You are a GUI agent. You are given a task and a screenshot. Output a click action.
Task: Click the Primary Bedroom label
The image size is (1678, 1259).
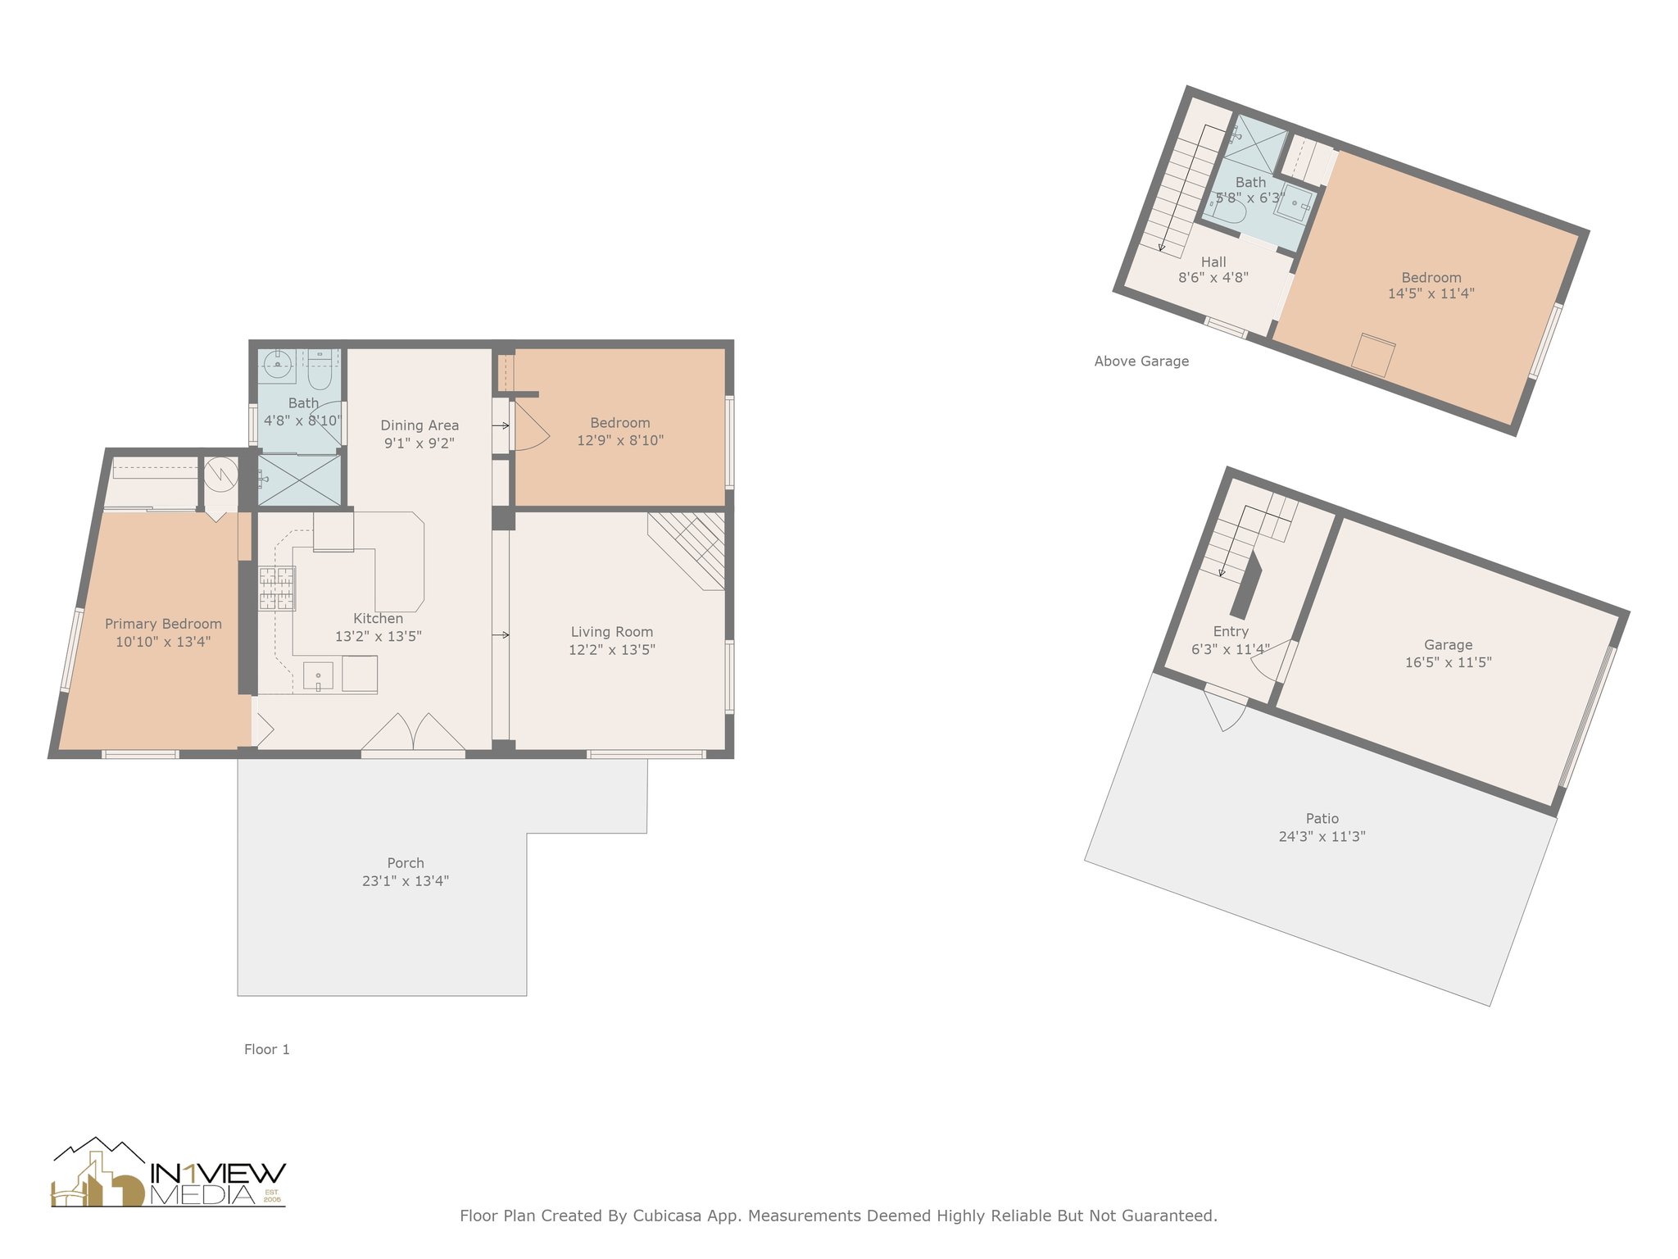(x=163, y=624)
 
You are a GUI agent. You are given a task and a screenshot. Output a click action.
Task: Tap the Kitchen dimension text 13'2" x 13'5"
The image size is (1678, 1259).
(x=378, y=636)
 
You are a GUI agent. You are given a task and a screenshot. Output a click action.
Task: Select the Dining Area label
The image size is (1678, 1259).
(x=419, y=425)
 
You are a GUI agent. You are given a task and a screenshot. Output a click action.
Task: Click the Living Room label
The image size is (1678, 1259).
(x=611, y=632)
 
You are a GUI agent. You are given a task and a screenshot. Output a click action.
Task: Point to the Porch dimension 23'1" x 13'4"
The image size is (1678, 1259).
(x=406, y=881)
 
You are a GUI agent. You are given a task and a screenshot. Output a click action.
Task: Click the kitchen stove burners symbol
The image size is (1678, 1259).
(x=277, y=589)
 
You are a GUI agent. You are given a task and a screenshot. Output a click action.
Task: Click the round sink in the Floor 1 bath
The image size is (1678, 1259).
(x=278, y=365)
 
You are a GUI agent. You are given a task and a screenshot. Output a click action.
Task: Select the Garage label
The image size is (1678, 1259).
(x=1448, y=645)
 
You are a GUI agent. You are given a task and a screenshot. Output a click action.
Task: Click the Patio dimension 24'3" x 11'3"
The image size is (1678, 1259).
(x=1322, y=836)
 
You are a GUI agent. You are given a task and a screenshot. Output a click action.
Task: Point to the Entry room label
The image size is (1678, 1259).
(x=1231, y=631)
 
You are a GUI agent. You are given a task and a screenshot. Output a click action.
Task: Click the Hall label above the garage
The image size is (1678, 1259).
(x=1213, y=261)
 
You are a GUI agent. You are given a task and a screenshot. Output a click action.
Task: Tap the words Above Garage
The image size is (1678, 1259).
(x=1141, y=361)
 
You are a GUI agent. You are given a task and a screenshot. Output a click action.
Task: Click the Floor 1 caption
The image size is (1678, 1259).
(x=267, y=1049)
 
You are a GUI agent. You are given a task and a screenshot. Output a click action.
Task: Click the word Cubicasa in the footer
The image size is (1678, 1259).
(x=667, y=1216)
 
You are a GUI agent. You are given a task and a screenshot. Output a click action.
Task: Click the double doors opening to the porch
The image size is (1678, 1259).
(x=414, y=734)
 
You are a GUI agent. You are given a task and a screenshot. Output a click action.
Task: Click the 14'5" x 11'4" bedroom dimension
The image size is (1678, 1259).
(x=1431, y=293)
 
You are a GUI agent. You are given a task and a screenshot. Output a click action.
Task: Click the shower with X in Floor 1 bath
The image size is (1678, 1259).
(x=299, y=480)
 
